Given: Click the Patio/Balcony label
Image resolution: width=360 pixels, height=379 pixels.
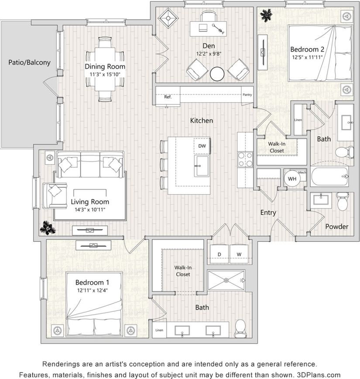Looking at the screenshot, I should (29, 62).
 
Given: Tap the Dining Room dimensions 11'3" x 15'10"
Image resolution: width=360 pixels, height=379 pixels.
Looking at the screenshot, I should (105, 74).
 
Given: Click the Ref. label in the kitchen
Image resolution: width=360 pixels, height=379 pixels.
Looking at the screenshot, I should (168, 97).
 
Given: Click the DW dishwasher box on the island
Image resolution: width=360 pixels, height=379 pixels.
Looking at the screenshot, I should (202, 146).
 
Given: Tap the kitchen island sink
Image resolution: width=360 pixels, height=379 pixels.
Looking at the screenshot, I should (202, 165).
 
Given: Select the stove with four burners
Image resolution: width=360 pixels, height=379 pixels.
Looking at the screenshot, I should (245, 159).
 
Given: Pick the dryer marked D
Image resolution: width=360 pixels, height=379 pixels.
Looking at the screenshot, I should (219, 254).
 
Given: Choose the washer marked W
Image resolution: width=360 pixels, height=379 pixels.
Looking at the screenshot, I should (239, 254).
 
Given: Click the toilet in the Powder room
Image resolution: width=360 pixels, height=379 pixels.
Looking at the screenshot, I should (342, 202).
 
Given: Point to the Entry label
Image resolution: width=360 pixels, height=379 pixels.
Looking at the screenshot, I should (268, 213).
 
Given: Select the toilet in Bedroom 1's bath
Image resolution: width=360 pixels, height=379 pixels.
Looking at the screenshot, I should (240, 328).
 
